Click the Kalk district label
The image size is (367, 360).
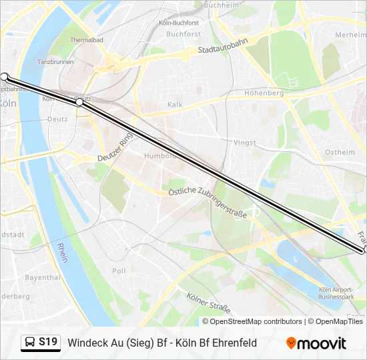point(175,105)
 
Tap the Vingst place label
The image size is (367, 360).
point(245,143)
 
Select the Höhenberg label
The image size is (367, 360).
point(264,93)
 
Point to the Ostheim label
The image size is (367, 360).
point(339,153)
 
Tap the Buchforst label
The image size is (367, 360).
point(183,33)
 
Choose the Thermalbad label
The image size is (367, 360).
point(87,40)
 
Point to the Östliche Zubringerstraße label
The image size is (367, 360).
point(206,202)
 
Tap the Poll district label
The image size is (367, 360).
point(119,271)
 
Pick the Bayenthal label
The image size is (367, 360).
point(42,277)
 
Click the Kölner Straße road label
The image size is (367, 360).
point(209,303)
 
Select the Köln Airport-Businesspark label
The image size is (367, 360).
point(336,293)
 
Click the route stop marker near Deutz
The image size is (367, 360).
point(79,102)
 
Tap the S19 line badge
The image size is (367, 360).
point(41,343)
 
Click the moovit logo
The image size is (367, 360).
point(316,343)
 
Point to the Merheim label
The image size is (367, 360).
point(350,35)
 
